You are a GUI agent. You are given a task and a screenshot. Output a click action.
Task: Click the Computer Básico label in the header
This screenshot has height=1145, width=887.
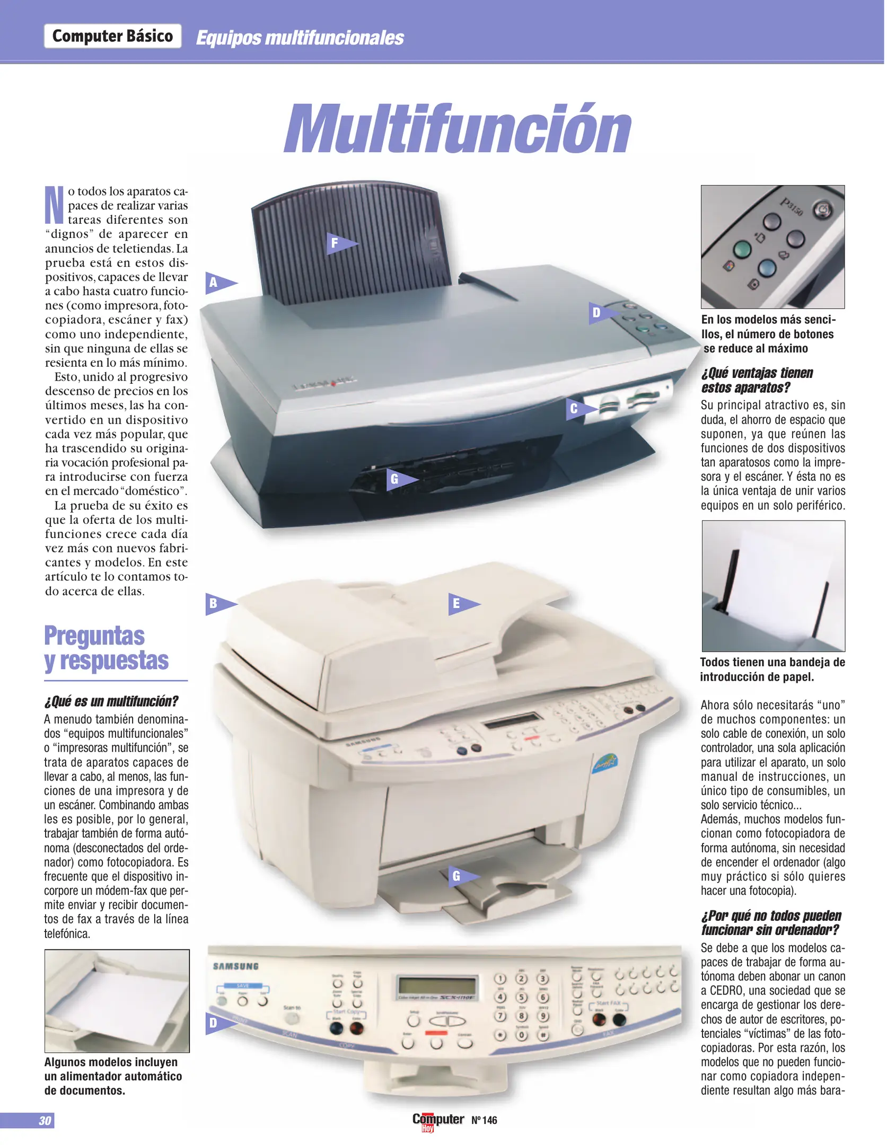[x=112, y=36]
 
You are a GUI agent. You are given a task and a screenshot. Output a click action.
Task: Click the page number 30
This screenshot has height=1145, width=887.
[x=45, y=1120]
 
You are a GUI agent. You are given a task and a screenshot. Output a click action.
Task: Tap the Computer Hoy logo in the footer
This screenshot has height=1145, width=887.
[x=437, y=1120]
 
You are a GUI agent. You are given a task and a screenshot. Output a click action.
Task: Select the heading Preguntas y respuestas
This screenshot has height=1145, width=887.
[x=106, y=648]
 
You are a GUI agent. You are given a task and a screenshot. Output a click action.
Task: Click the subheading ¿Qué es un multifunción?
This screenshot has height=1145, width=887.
[x=111, y=701]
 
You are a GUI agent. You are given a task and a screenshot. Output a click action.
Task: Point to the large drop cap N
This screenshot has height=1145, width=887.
[x=54, y=205]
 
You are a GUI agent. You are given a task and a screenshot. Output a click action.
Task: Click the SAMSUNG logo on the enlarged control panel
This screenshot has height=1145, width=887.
[x=235, y=966]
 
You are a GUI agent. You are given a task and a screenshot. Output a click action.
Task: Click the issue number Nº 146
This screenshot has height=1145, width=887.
[x=484, y=1120]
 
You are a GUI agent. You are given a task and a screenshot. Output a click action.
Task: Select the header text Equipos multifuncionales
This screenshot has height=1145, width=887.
[x=300, y=38]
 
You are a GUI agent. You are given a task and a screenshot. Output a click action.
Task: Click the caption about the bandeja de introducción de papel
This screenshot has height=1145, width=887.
[x=772, y=669]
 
